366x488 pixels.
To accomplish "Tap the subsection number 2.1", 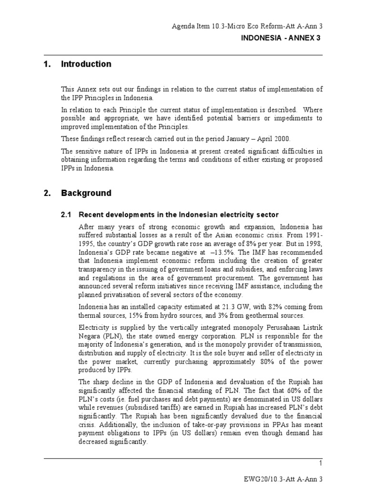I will [x=67, y=215].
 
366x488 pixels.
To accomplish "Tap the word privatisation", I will [x=124, y=295].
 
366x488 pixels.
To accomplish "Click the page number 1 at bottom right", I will [x=321, y=464].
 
